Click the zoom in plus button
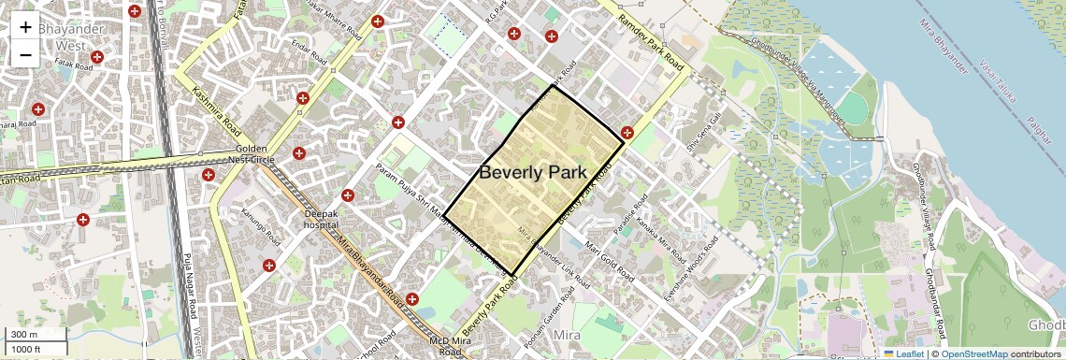(x=25, y=27)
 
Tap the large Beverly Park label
(x=532, y=172)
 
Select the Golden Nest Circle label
(x=252, y=154)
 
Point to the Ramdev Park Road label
(x=653, y=39)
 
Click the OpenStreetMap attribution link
(x=973, y=353)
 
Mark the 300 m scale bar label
(x=24, y=335)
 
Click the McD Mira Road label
(x=446, y=347)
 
